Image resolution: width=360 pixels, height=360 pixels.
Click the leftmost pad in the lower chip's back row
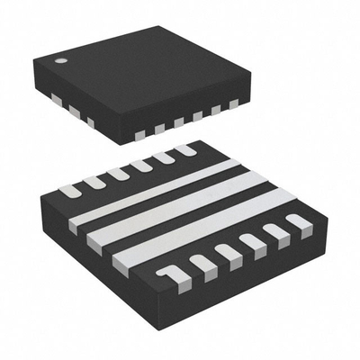tap(70, 191)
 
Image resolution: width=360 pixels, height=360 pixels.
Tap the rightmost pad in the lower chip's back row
tap(184, 149)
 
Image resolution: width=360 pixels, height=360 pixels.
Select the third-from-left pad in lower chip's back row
tap(118, 173)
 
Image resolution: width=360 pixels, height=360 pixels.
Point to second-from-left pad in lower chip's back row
tap(94, 182)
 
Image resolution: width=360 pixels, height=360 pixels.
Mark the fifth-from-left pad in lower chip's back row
tap(163, 157)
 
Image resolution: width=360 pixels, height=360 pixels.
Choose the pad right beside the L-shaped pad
tap(201, 262)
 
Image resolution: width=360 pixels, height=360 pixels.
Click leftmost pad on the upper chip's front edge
tap(139, 135)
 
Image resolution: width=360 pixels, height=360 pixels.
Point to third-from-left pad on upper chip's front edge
tap(177, 121)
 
